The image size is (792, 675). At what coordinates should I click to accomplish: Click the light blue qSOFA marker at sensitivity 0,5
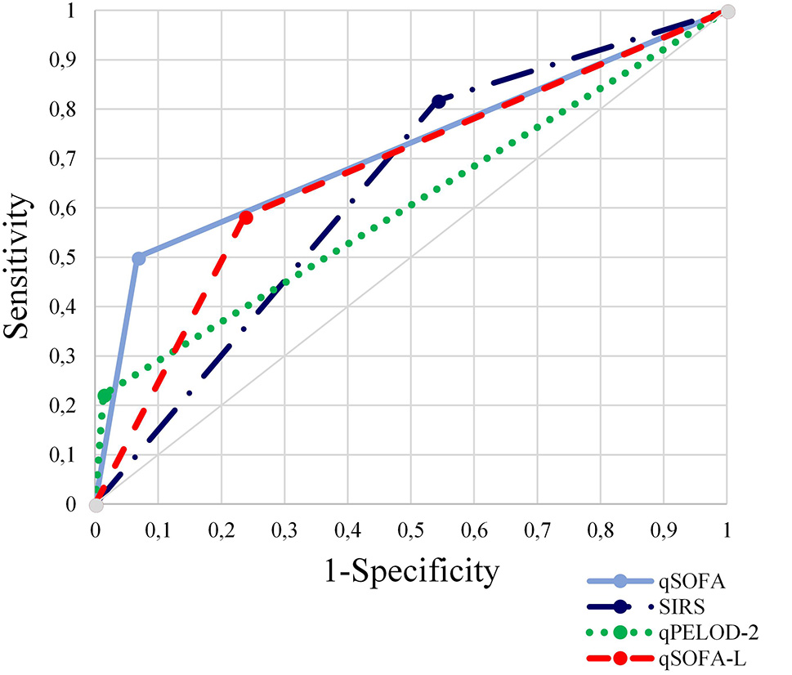139,258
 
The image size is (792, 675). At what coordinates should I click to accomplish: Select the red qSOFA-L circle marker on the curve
246,217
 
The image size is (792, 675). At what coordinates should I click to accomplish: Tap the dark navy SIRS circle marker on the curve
439,101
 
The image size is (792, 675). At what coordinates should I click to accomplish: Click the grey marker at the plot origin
96,505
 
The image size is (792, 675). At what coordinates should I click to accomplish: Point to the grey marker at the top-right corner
728,11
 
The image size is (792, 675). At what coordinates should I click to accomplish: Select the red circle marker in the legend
620,658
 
